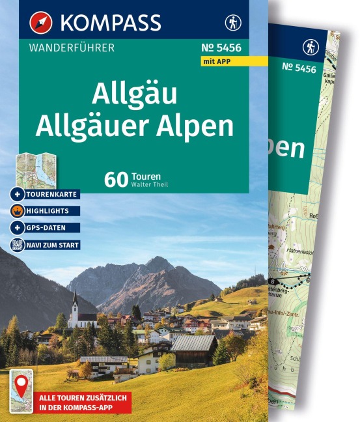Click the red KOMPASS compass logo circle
[x=41, y=22]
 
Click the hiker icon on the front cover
[x=232, y=23]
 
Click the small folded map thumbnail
[x=37, y=167]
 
